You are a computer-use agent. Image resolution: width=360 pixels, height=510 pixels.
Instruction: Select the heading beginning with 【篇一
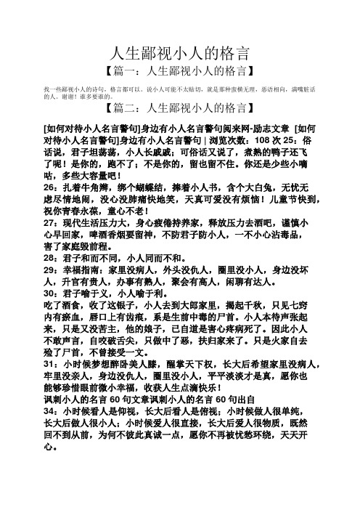[180, 71]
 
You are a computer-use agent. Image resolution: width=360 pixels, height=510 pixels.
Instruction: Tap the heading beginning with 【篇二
[180, 109]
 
